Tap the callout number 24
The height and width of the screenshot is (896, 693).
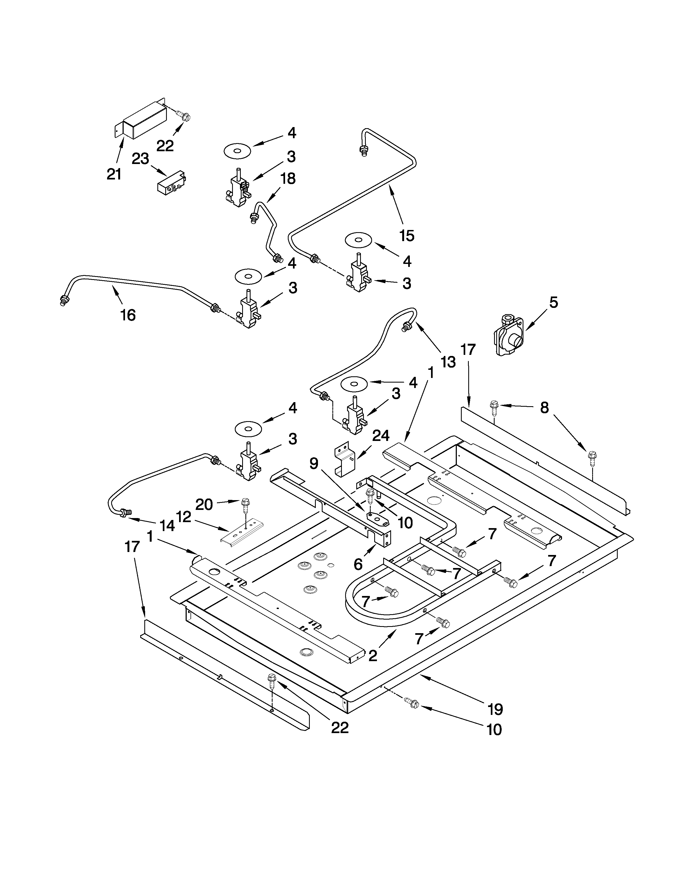tap(380, 436)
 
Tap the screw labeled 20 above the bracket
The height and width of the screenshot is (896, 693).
tap(246, 505)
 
